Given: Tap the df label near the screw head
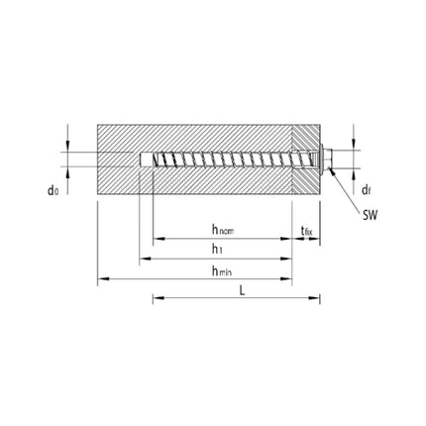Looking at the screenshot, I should click(365, 188).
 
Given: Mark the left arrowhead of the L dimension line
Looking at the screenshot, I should click(157, 297).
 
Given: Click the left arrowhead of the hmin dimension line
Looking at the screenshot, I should click(101, 279).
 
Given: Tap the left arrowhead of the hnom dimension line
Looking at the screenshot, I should click(157, 239).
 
